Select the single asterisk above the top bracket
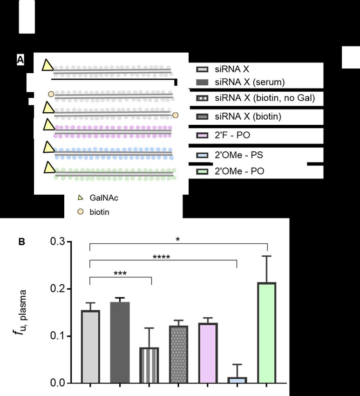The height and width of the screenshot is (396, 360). point(177,239)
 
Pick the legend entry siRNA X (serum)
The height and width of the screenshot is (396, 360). point(240,82)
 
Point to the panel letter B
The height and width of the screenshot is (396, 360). point(21,242)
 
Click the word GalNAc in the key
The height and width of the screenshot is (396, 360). point(103,198)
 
